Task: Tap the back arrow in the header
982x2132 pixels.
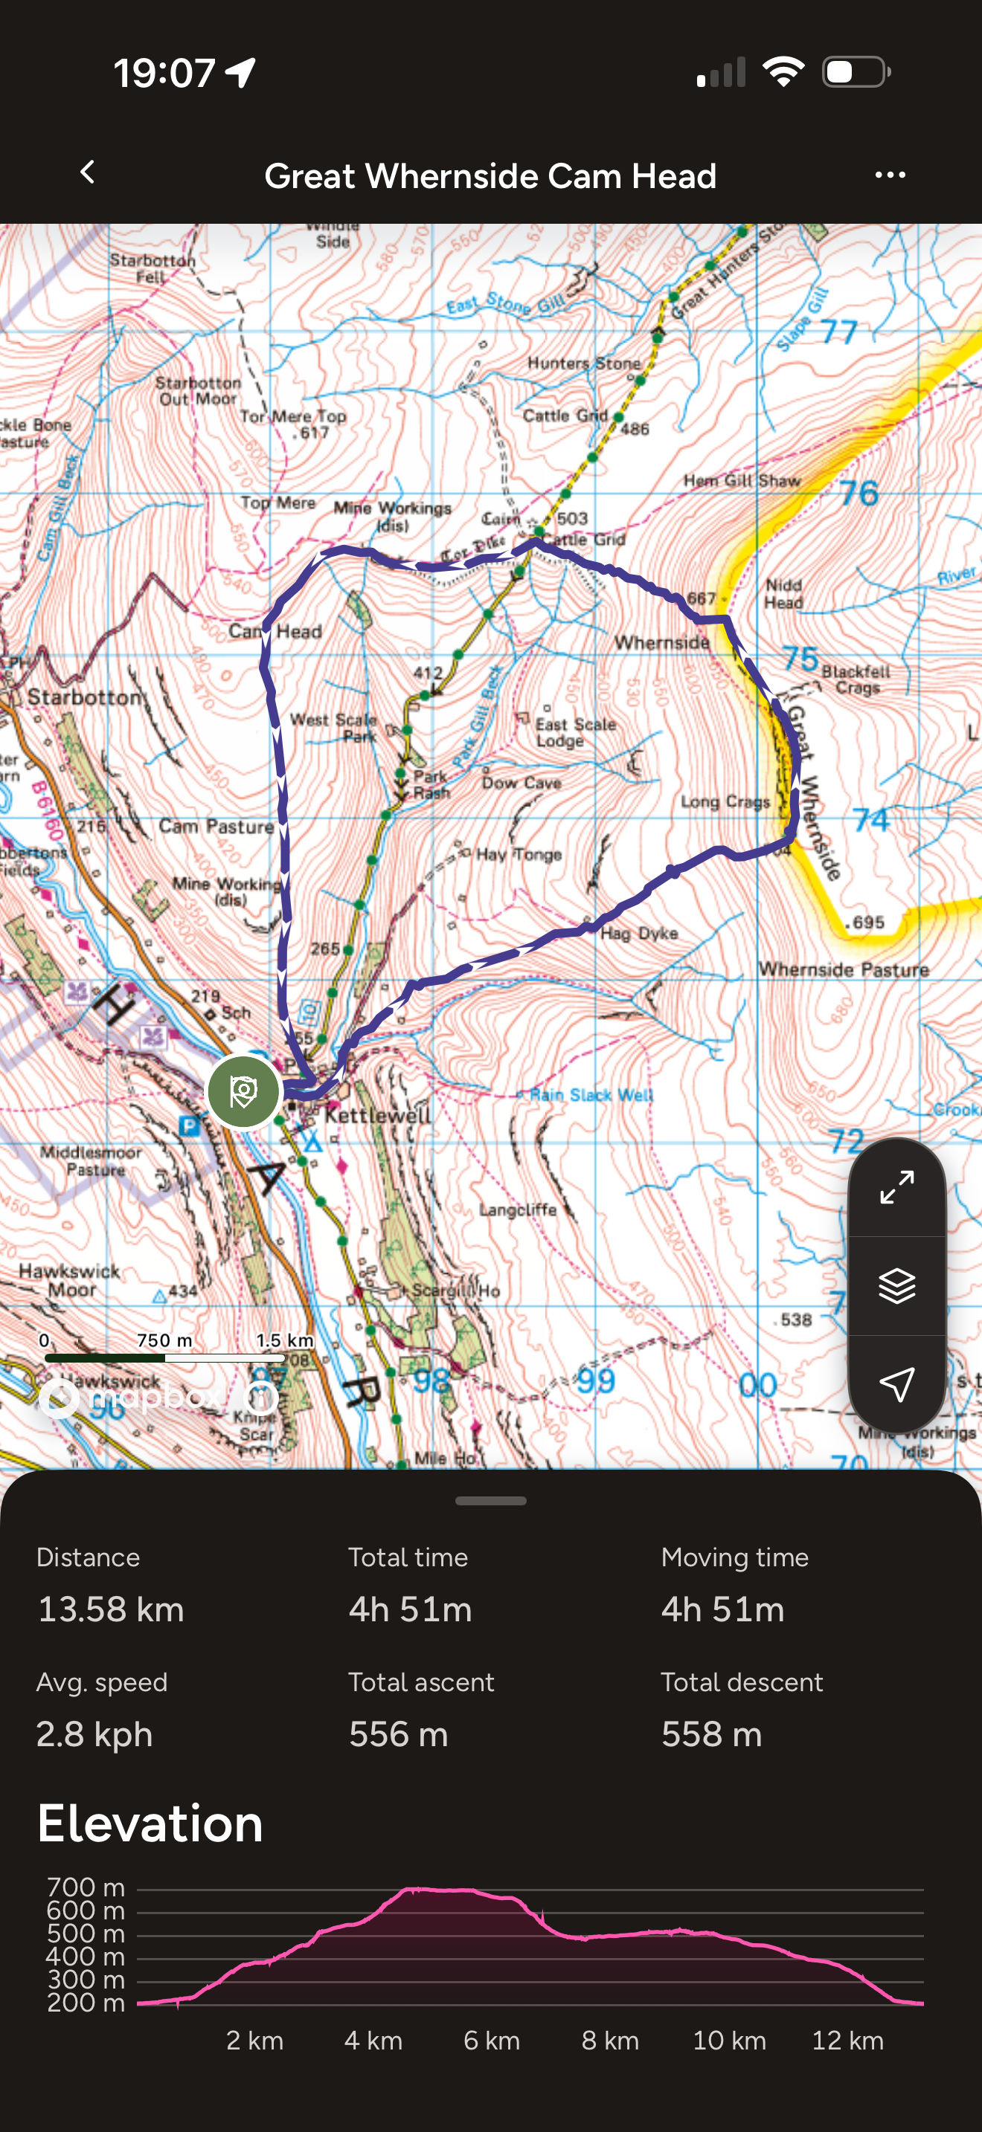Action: [x=88, y=173]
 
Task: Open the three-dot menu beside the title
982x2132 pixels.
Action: [x=890, y=175]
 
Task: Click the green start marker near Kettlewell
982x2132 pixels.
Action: [x=243, y=1092]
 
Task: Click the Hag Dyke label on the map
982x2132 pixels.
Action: [x=638, y=934]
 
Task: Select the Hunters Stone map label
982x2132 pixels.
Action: [x=584, y=364]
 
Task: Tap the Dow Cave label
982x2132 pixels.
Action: [x=522, y=782]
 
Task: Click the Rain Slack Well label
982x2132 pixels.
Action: [x=591, y=1095]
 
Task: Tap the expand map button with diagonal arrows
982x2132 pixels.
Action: [x=896, y=1188]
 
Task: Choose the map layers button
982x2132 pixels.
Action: [x=896, y=1285]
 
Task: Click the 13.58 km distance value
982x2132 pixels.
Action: [x=111, y=1609]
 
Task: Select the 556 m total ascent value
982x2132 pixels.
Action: [x=398, y=1734]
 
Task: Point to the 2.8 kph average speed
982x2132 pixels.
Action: [x=94, y=1734]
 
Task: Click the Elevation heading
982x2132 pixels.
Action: [x=150, y=1824]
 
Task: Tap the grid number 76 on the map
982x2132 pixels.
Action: [x=859, y=494]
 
